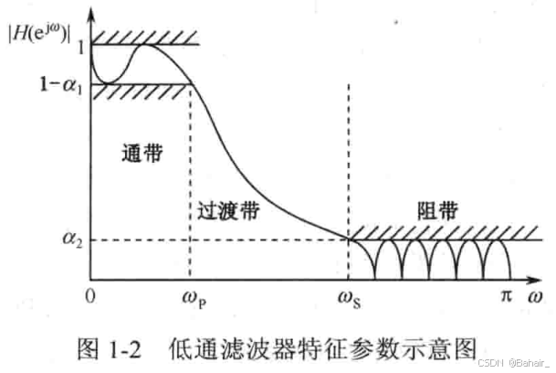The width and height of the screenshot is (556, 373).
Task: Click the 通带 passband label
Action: click(x=141, y=155)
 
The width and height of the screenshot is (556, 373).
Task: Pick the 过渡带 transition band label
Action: click(x=228, y=211)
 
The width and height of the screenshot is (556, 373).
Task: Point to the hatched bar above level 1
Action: click(x=147, y=37)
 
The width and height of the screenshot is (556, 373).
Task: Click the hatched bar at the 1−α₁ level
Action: click(x=147, y=91)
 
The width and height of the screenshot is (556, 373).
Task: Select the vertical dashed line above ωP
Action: click(x=190, y=183)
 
